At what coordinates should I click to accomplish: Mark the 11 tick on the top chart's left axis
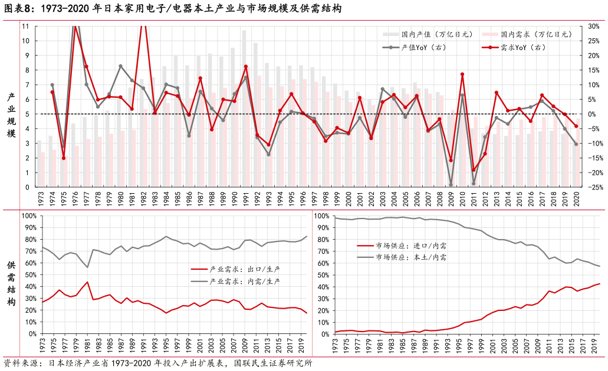pos(25,26)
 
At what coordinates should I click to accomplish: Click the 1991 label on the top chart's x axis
pos(245,199)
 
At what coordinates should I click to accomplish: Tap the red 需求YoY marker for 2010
pos(462,74)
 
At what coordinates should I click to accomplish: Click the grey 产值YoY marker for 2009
pos(451,185)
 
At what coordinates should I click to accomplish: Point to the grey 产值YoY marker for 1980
pos(120,66)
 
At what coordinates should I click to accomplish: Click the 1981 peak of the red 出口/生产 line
pos(87,282)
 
